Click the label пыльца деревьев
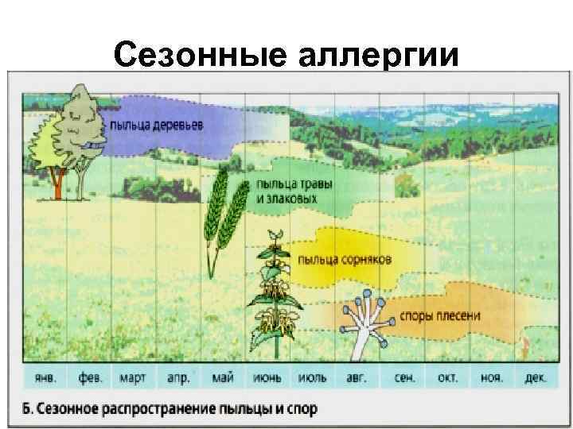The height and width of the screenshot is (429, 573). click(x=157, y=125)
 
